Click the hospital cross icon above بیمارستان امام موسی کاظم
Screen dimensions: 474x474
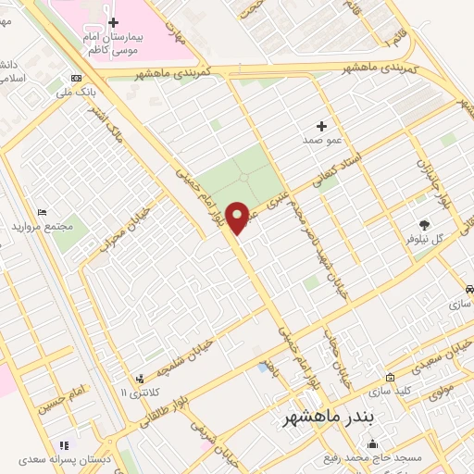[113, 22]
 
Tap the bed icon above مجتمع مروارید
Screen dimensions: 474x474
[40, 212]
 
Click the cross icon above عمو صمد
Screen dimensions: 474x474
[322, 126]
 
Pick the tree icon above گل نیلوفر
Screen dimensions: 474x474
[425, 224]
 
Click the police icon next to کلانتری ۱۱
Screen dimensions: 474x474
[140, 378]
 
